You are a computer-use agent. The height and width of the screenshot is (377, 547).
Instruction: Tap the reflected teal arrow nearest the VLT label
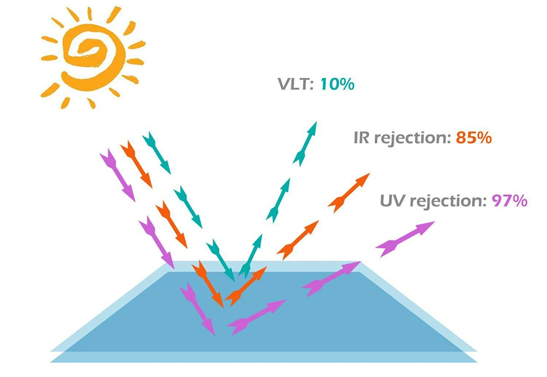coord(306,143)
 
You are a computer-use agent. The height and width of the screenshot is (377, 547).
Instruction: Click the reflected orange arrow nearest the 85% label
coord(349,192)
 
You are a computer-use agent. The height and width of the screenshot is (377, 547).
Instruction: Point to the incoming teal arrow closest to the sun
coord(157,154)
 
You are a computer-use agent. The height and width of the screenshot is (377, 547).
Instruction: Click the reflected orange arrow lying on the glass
coord(246,286)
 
